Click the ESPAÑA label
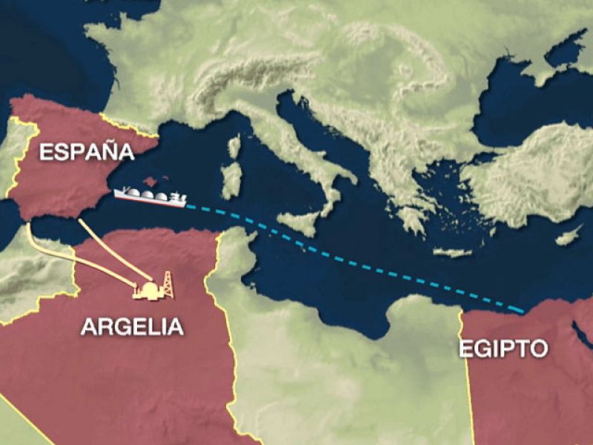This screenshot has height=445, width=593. pos(87,153)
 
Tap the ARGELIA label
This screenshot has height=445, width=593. pos(133,327)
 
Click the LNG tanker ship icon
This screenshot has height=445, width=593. pos(149,197)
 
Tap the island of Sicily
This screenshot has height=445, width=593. pos(301,222)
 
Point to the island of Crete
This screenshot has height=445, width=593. pos(451,252)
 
